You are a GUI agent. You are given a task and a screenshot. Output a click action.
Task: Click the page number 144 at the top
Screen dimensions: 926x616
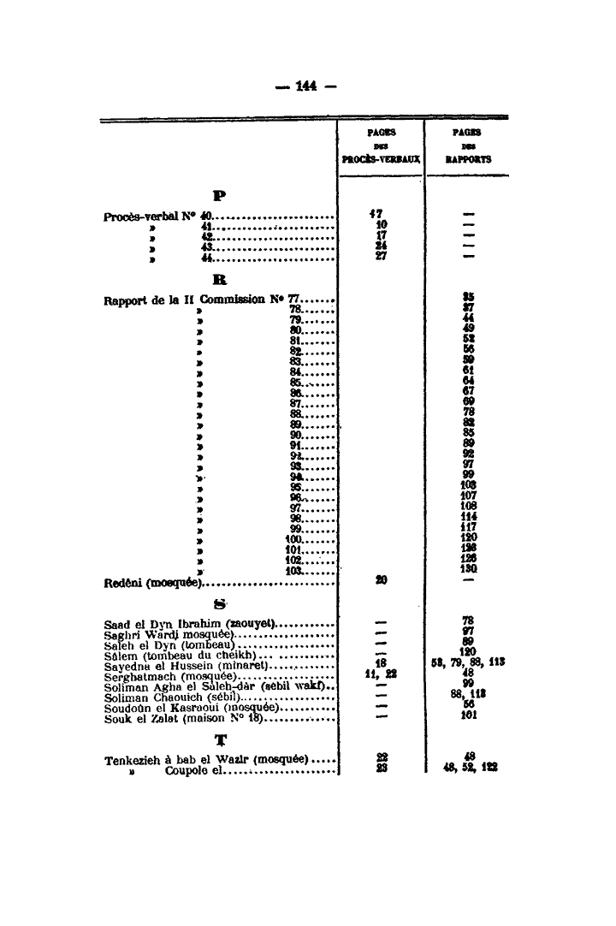(x=306, y=86)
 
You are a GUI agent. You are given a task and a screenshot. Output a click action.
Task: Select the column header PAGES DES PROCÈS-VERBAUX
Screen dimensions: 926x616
(x=381, y=146)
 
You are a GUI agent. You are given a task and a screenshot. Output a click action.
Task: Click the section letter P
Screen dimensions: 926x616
(x=208, y=194)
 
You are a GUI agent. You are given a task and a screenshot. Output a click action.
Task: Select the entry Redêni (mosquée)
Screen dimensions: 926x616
(x=151, y=583)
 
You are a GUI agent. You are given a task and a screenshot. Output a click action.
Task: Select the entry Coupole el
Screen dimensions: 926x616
(x=194, y=770)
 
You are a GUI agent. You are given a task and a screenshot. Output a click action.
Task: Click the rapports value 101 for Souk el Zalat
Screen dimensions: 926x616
(x=468, y=717)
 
